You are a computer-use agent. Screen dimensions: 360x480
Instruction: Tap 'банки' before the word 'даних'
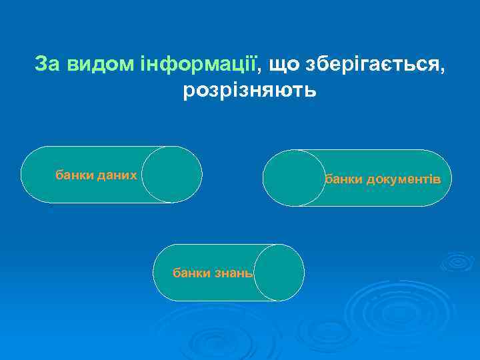coord(75,175)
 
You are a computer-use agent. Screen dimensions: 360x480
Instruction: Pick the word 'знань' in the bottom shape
coord(233,273)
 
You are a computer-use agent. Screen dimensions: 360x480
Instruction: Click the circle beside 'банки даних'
coord(172,174)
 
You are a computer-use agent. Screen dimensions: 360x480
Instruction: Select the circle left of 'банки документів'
coord(292,178)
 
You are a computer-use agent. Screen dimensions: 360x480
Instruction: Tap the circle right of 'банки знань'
coord(279,272)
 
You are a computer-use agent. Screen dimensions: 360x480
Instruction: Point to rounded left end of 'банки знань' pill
coord(164,273)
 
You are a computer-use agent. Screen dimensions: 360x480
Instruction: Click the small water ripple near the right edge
coord(457,261)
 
